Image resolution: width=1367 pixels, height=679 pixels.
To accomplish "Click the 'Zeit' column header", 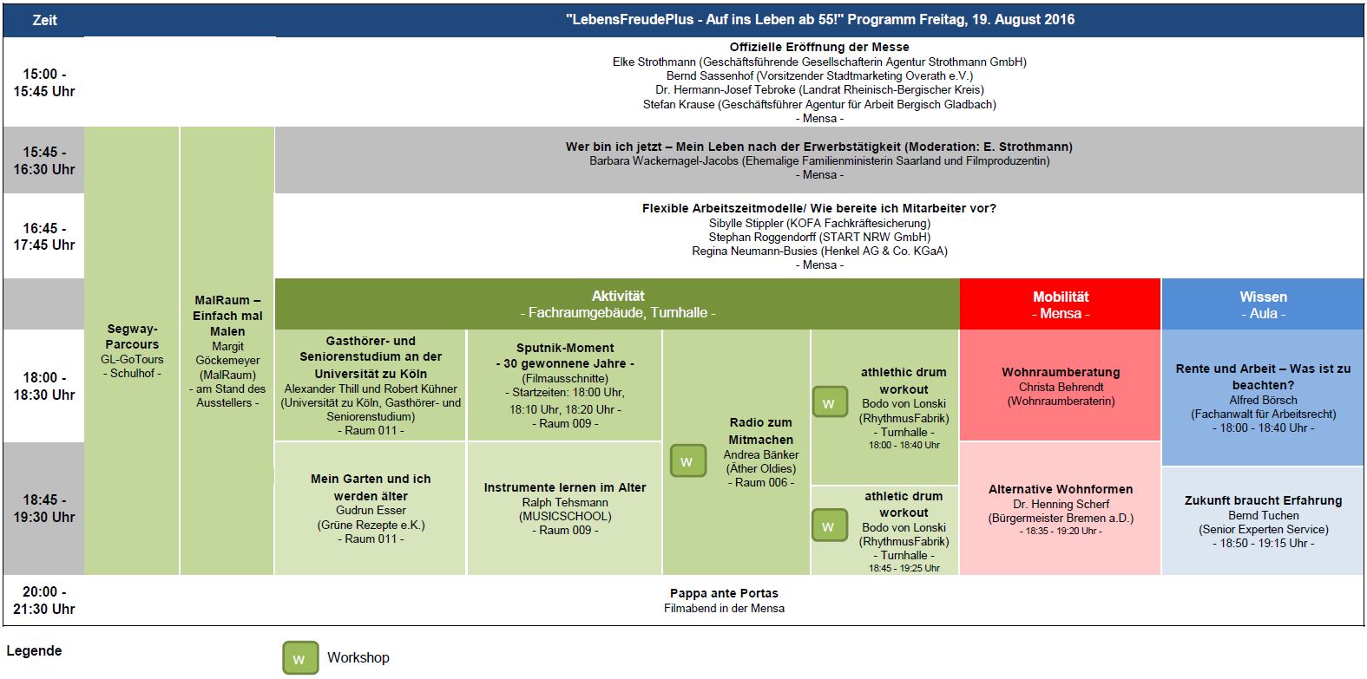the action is [x=44, y=20].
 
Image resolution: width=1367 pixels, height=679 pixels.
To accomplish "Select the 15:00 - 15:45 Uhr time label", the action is [x=44, y=83].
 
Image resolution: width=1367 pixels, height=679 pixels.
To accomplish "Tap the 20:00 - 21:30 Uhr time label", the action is [x=44, y=600].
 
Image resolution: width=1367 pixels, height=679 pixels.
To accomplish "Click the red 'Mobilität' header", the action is [x=1061, y=304].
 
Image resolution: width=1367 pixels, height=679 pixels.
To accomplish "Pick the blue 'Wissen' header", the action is [x=1263, y=304].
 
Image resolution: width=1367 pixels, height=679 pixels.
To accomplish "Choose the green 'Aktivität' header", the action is [x=618, y=304].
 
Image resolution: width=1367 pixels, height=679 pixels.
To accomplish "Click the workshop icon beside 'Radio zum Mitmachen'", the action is [x=687, y=460].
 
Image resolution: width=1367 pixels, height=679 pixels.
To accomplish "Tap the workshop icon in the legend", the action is [x=300, y=657].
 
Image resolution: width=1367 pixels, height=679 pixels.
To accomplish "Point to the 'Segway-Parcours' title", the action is [x=132, y=336].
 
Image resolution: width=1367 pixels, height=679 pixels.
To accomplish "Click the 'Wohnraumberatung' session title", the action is [x=1061, y=372].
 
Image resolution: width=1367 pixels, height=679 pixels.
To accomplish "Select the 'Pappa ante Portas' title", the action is [x=724, y=593].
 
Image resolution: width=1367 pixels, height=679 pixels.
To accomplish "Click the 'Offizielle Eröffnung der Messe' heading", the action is [x=819, y=47].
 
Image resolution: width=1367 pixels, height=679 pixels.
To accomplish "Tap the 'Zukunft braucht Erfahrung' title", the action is [x=1263, y=500].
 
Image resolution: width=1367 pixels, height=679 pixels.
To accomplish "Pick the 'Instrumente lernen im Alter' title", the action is [x=564, y=487].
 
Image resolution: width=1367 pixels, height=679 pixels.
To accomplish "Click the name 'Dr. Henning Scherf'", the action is [x=1061, y=504].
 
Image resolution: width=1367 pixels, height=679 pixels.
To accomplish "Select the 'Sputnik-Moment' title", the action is [x=564, y=348].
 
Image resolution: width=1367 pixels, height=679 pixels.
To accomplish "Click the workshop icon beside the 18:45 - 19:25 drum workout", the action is [x=830, y=526].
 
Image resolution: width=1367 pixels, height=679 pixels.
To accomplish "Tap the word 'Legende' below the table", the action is [x=34, y=651].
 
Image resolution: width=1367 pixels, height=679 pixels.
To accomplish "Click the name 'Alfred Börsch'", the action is [x=1263, y=401].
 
